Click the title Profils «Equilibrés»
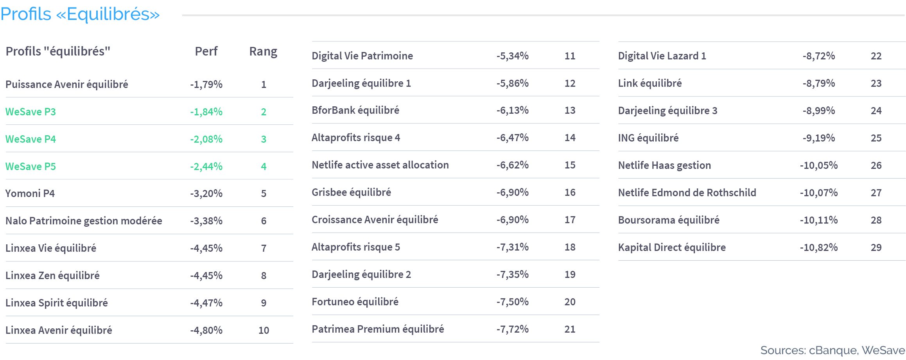80,14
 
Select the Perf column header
206,51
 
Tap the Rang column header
263,52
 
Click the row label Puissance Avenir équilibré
67,84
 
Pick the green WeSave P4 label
30,139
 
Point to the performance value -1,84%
206,112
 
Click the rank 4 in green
264,167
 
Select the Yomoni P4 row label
30,193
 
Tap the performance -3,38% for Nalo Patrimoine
206,221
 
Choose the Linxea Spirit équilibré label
57,303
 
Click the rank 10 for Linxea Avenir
264,330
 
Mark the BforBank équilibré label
355,110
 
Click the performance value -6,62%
512,165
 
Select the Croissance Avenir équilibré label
375,220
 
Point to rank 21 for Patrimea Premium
570,329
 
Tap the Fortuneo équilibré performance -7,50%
512,302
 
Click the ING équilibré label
648,138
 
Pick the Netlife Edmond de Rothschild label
687,193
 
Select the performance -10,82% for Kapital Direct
818,247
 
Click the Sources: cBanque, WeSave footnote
832,350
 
